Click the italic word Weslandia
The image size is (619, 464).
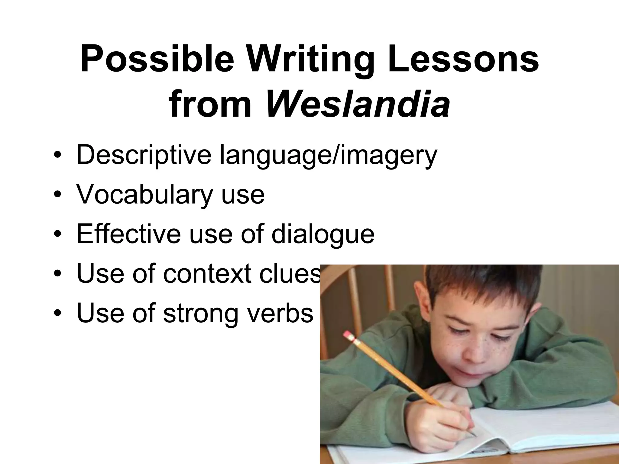coord(357,104)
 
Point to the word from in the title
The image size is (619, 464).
coord(210,104)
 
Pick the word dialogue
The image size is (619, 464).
coord(323,235)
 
